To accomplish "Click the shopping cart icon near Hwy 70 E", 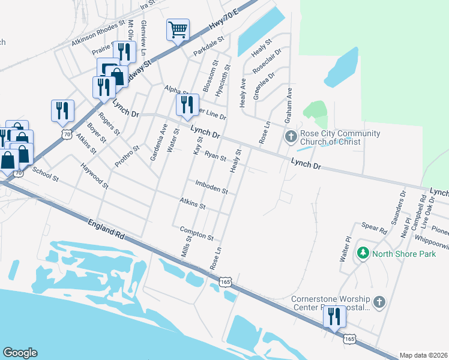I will pos(178,29).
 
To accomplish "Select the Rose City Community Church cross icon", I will pos(291,137).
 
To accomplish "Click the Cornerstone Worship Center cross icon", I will pos(379,302).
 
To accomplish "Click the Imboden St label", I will pos(211,187).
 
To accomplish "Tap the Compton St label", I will pos(196,233).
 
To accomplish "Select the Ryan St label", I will pos(214,157).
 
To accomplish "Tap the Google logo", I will pos(20,353).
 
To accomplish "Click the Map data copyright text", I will pos(423,355).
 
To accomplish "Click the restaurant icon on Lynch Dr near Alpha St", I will pos(184,105).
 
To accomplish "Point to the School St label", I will pos(45,174).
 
